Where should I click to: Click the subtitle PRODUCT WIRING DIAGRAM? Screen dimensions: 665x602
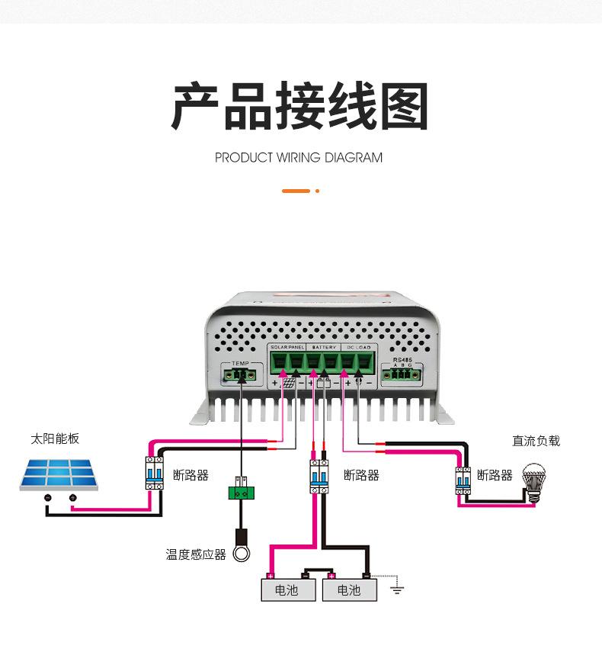pyautogui.click(x=299, y=158)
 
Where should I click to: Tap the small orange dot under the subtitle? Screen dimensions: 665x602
pyautogui.click(x=317, y=191)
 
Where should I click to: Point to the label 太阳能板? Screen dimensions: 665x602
pyautogui.click(x=55, y=439)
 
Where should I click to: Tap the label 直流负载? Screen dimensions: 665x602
pyautogui.click(x=536, y=441)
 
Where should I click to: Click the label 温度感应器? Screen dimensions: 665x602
pyautogui.click(x=196, y=554)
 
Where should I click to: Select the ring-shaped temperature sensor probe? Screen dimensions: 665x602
pyautogui.click(x=242, y=553)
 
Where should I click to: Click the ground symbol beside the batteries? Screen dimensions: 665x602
pyautogui.click(x=397, y=589)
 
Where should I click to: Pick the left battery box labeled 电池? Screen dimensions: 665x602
pyautogui.click(x=287, y=590)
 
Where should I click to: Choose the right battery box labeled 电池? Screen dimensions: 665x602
pyautogui.click(x=349, y=590)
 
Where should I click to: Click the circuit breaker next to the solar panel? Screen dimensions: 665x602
pyautogui.click(x=155, y=475)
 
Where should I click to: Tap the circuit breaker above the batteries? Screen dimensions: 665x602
pyautogui.click(x=319, y=476)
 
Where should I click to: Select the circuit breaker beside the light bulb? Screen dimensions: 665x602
pyautogui.click(x=463, y=480)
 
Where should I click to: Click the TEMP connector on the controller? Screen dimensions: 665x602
pyautogui.click(x=242, y=374)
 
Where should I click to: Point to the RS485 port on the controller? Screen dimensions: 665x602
pyautogui.click(x=402, y=373)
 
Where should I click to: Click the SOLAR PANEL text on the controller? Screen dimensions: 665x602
pyautogui.click(x=287, y=347)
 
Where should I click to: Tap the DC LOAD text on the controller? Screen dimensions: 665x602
pyautogui.click(x=358, y=347)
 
